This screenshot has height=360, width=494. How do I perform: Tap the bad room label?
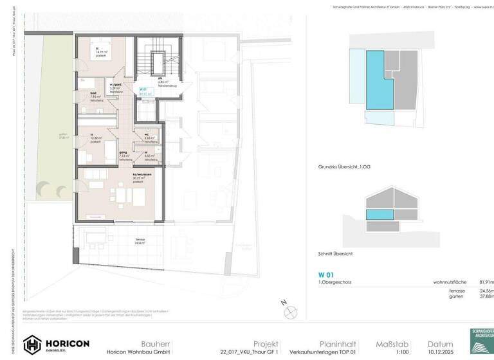coord(85,93)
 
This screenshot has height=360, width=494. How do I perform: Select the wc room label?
coord(147,134)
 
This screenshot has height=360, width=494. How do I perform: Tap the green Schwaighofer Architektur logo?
coord(482,342)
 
